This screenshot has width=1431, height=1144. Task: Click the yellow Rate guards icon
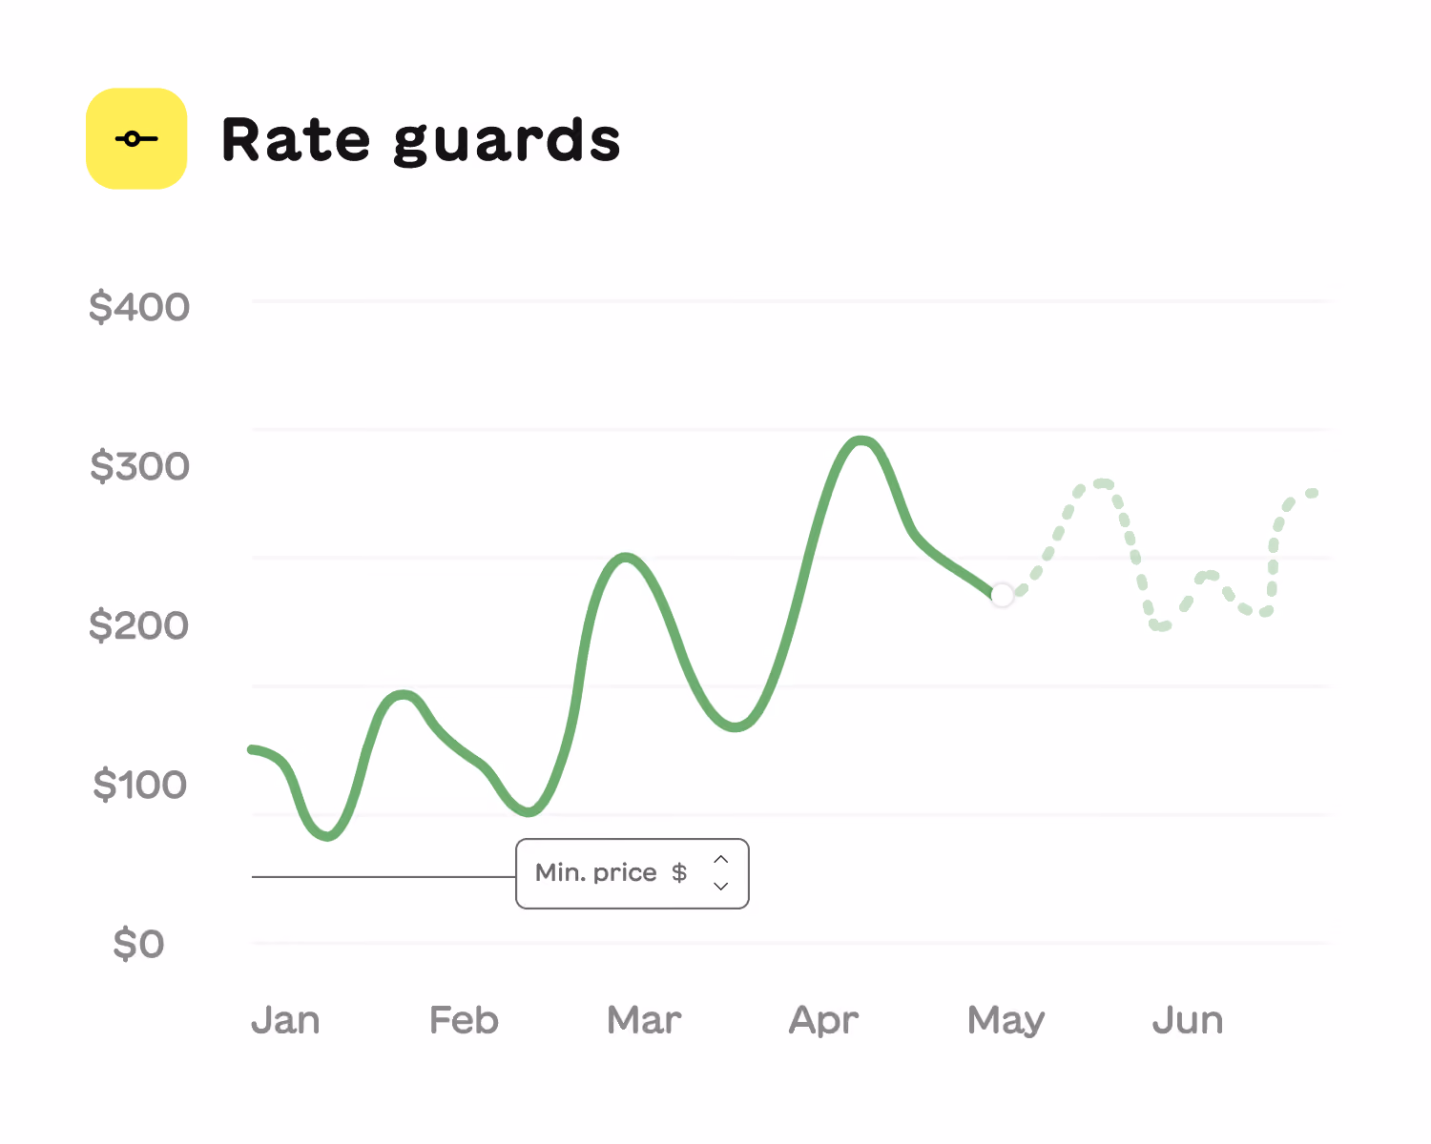tap(136, 139)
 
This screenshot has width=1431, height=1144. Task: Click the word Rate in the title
tap(296, 139)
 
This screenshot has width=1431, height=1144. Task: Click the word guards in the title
tap(507, 141)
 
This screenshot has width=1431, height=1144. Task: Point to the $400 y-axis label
tap(139, 307)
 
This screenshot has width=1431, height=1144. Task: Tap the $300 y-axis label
tap(139, 466)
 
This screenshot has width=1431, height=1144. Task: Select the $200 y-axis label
tap(139, 625)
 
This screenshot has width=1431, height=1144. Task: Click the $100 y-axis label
tap(139, 785)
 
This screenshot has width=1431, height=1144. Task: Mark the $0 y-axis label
tap(138, 944)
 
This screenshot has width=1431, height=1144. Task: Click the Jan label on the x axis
tap(285, 1020)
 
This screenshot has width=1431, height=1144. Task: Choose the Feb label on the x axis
tap(465, 1020)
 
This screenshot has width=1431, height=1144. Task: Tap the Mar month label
tap(644, 1020)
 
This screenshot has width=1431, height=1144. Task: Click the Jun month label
tap(1188, 1020)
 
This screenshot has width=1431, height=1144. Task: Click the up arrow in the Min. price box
tap(721, 860)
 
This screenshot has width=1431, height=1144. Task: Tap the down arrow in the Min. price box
tap(721, 886)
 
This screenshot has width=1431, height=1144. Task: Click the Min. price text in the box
tap(596, 873)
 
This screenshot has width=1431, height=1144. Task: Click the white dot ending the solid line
tap(1002, 595)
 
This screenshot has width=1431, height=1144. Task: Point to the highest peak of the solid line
tap(861, 440)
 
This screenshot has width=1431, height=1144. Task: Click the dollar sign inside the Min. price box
tap(679, 873)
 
